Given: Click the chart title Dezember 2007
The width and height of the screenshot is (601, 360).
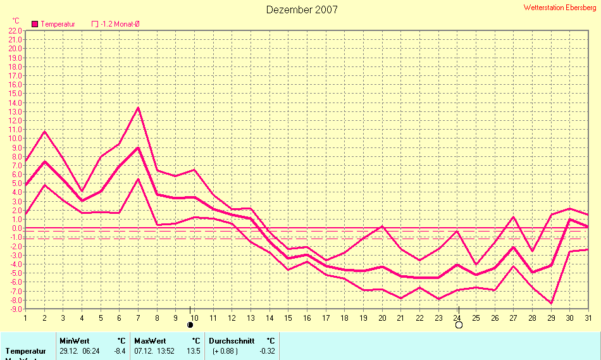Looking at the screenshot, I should pos(302,9).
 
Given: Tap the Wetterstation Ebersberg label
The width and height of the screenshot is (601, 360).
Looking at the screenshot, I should pos(560,7).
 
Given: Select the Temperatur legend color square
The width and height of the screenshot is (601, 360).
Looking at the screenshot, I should pos(35,24).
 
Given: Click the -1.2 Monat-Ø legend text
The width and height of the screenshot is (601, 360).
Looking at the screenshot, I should pos(120,24).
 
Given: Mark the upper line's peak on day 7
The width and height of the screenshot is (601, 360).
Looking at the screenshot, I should pos(138,107).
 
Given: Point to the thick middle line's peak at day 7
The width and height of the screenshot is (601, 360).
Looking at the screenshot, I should pos(138,147).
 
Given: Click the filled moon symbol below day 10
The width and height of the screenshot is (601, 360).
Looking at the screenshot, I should pos(190,325).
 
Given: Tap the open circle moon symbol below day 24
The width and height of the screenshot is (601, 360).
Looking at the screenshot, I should pos(459,325).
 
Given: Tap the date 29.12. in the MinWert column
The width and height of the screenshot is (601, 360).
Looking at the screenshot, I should pos(69,351).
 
